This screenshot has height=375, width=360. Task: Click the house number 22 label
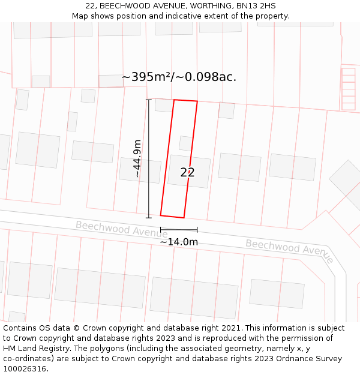187,173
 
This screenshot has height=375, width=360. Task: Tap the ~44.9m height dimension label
137,158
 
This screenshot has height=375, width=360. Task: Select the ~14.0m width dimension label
179,242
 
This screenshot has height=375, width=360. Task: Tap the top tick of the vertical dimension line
149,100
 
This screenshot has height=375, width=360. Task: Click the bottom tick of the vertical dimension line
149,218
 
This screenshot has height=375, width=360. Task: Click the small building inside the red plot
186,143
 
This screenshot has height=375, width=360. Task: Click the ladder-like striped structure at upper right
349,89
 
